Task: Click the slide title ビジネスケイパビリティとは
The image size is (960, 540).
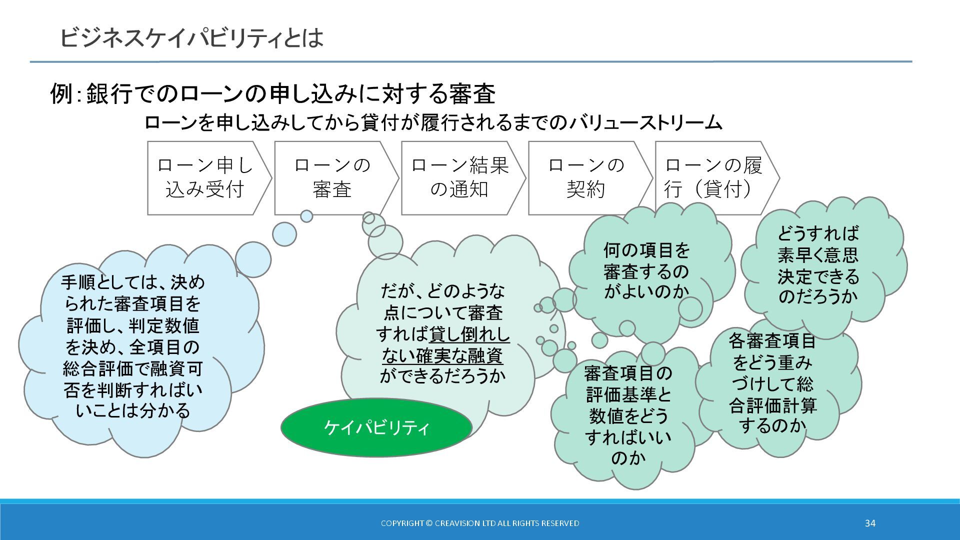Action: (x=191, y=38)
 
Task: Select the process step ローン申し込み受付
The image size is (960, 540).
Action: (x=205, y=177)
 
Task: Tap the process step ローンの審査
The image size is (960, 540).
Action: (x=332, y=177)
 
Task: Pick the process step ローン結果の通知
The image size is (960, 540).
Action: (x=459, y=177)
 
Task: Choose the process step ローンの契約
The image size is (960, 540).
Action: (x=586, y=177)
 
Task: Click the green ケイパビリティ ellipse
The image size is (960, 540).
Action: (x=376, y=427)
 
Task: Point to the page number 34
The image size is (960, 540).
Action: (x=870, y=523)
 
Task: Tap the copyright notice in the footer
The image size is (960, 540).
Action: (x=480, y=523)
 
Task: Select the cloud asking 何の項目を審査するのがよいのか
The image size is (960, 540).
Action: (x=646, y=270)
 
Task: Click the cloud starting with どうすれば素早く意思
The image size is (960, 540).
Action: (x=818, y=265)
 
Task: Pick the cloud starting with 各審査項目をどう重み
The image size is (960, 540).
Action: (x=772, y=383)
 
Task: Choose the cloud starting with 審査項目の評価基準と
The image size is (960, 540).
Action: (x=628, y=415)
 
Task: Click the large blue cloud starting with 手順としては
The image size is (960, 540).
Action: (x=133, y=346)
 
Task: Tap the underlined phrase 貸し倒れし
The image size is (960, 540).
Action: (x=469, y=334)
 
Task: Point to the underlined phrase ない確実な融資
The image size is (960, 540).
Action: (x=442, y=355)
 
